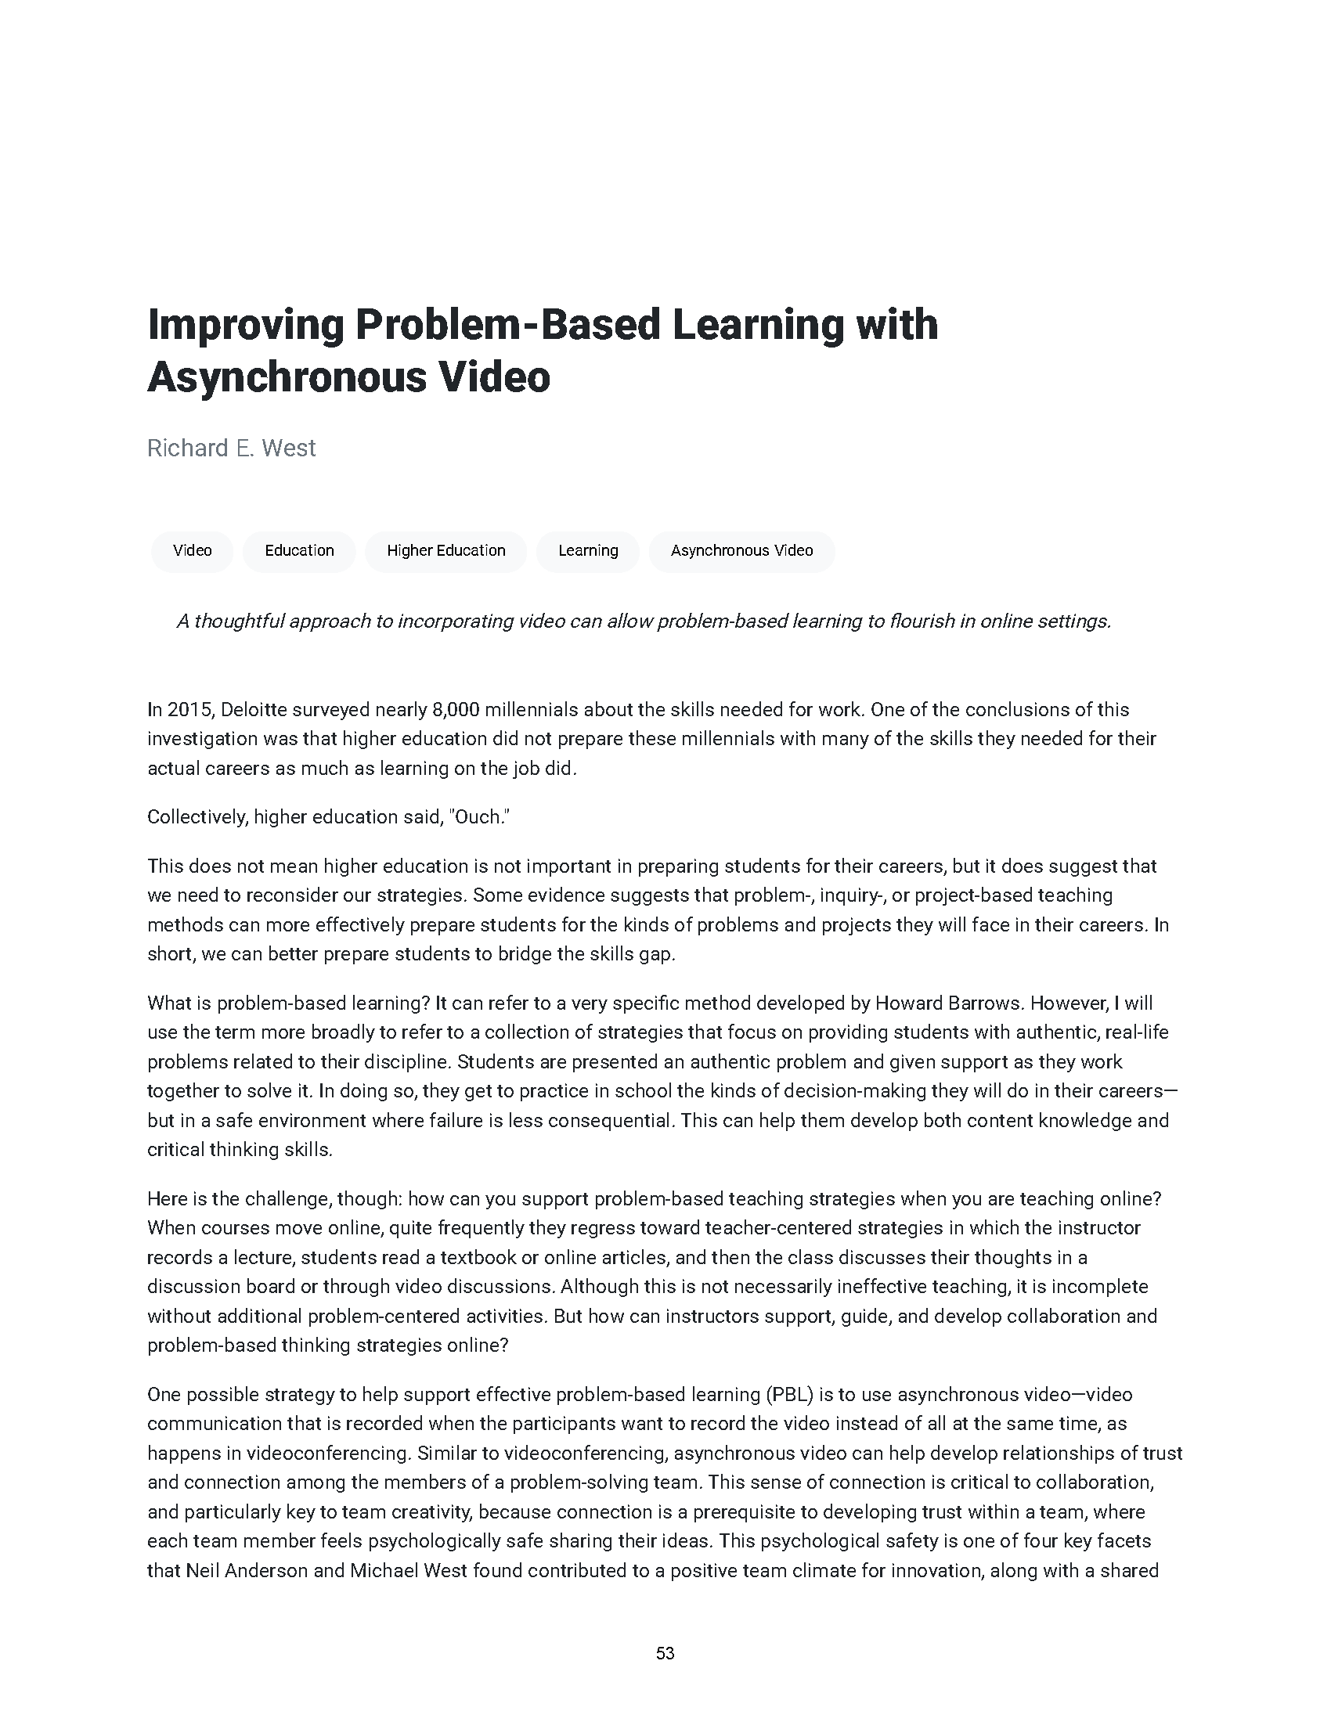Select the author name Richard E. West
click(x=231, y=448)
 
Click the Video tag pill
click(x=193, y=550)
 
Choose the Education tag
click(x=299, y=550)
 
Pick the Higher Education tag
click(x=445, y=550)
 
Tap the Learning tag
click(x=587, y=550)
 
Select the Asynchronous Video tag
click(x=741, y=550)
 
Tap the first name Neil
click(x=203, y=1571)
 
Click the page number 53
click(x=665, y=1653)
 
